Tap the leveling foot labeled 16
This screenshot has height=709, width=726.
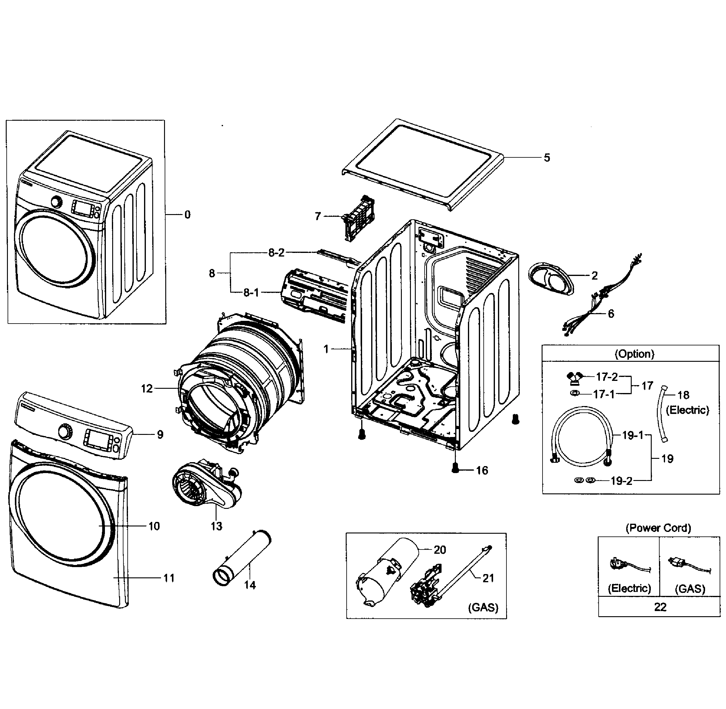455,468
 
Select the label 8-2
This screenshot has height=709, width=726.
276,253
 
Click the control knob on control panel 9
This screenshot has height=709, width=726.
65,432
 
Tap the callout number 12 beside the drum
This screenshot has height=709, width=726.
147,388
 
